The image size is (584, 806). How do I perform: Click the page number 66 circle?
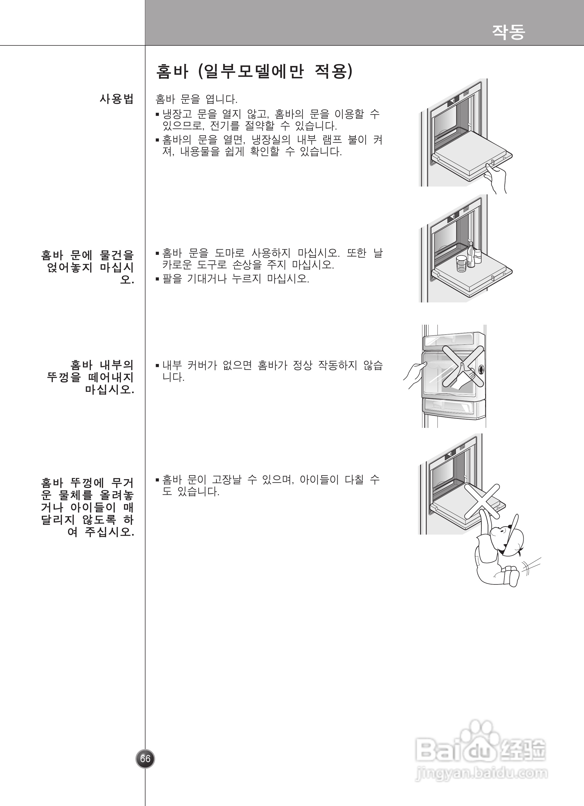click(145, 759)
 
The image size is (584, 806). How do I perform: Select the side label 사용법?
click(116, 99)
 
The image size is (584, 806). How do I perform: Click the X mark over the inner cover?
click(463, 366)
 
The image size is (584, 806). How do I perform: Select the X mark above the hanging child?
click(482, 501)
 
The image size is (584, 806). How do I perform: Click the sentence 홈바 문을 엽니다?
click(196, 99)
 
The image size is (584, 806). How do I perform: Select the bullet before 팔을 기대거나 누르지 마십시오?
click(157, 279)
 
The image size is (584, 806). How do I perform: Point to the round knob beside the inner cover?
click(481, 369)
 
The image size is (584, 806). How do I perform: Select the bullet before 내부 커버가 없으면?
click(157, 365)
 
